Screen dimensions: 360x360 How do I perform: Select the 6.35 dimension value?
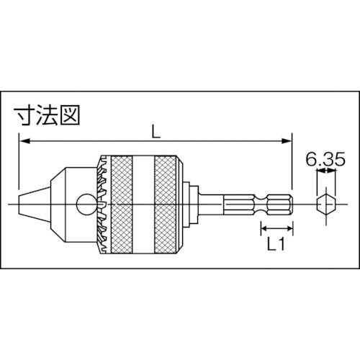tap(322, 160)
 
